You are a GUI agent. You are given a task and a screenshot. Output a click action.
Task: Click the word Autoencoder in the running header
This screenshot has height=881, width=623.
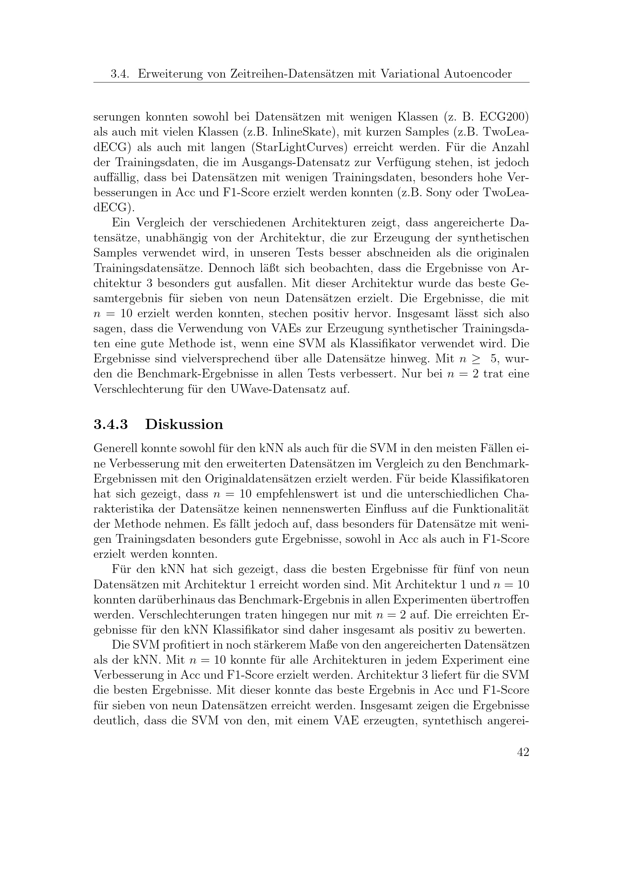478,74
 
